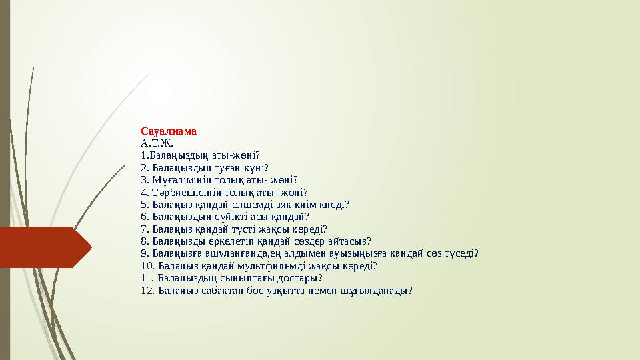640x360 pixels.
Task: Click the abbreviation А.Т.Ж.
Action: coord(157,143)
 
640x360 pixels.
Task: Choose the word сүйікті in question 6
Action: coord(227,217)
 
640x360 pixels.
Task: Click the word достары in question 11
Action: coord(300,278)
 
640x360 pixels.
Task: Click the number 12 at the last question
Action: coord(147,290)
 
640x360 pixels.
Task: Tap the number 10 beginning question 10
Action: coord(147,265)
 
